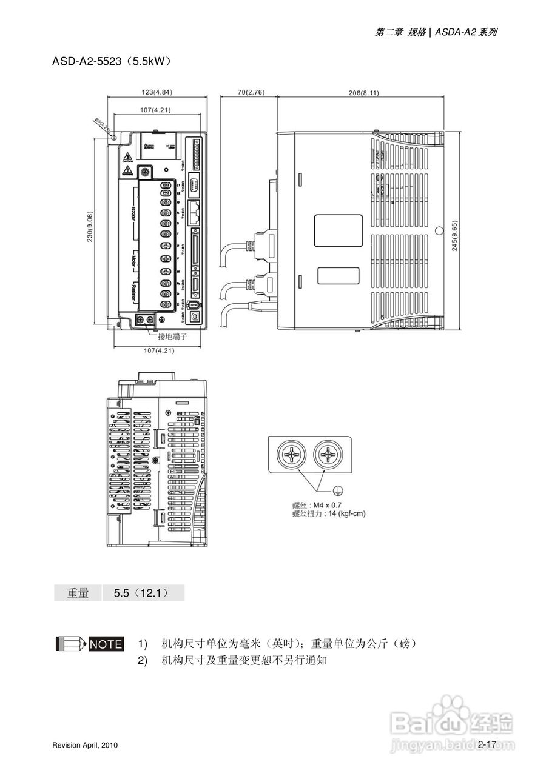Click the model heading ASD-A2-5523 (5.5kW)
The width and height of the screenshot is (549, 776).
tap(112, 61)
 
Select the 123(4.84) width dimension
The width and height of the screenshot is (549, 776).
tap(157, 92)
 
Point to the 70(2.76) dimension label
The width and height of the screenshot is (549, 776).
tap(251, 92)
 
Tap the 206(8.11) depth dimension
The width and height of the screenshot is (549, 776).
tap(364, 93)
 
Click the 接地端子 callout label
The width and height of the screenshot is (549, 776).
tap(172, 336)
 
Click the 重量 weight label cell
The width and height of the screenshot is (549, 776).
tap(78, 593)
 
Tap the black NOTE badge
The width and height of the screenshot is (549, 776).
tap(106, 644)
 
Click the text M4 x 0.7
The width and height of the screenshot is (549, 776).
tap(327, 504)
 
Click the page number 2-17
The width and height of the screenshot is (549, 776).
tap(487, 744)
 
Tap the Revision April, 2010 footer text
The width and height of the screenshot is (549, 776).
tap(85, 744)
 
